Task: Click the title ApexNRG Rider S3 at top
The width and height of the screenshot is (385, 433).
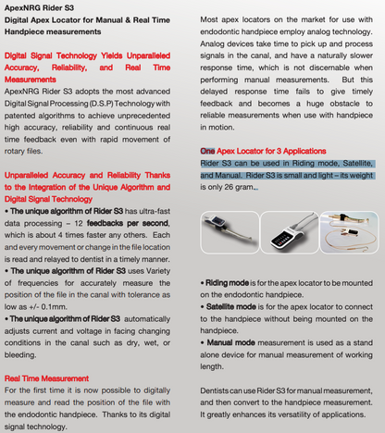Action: pyautogui.click(x=42, y=7)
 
